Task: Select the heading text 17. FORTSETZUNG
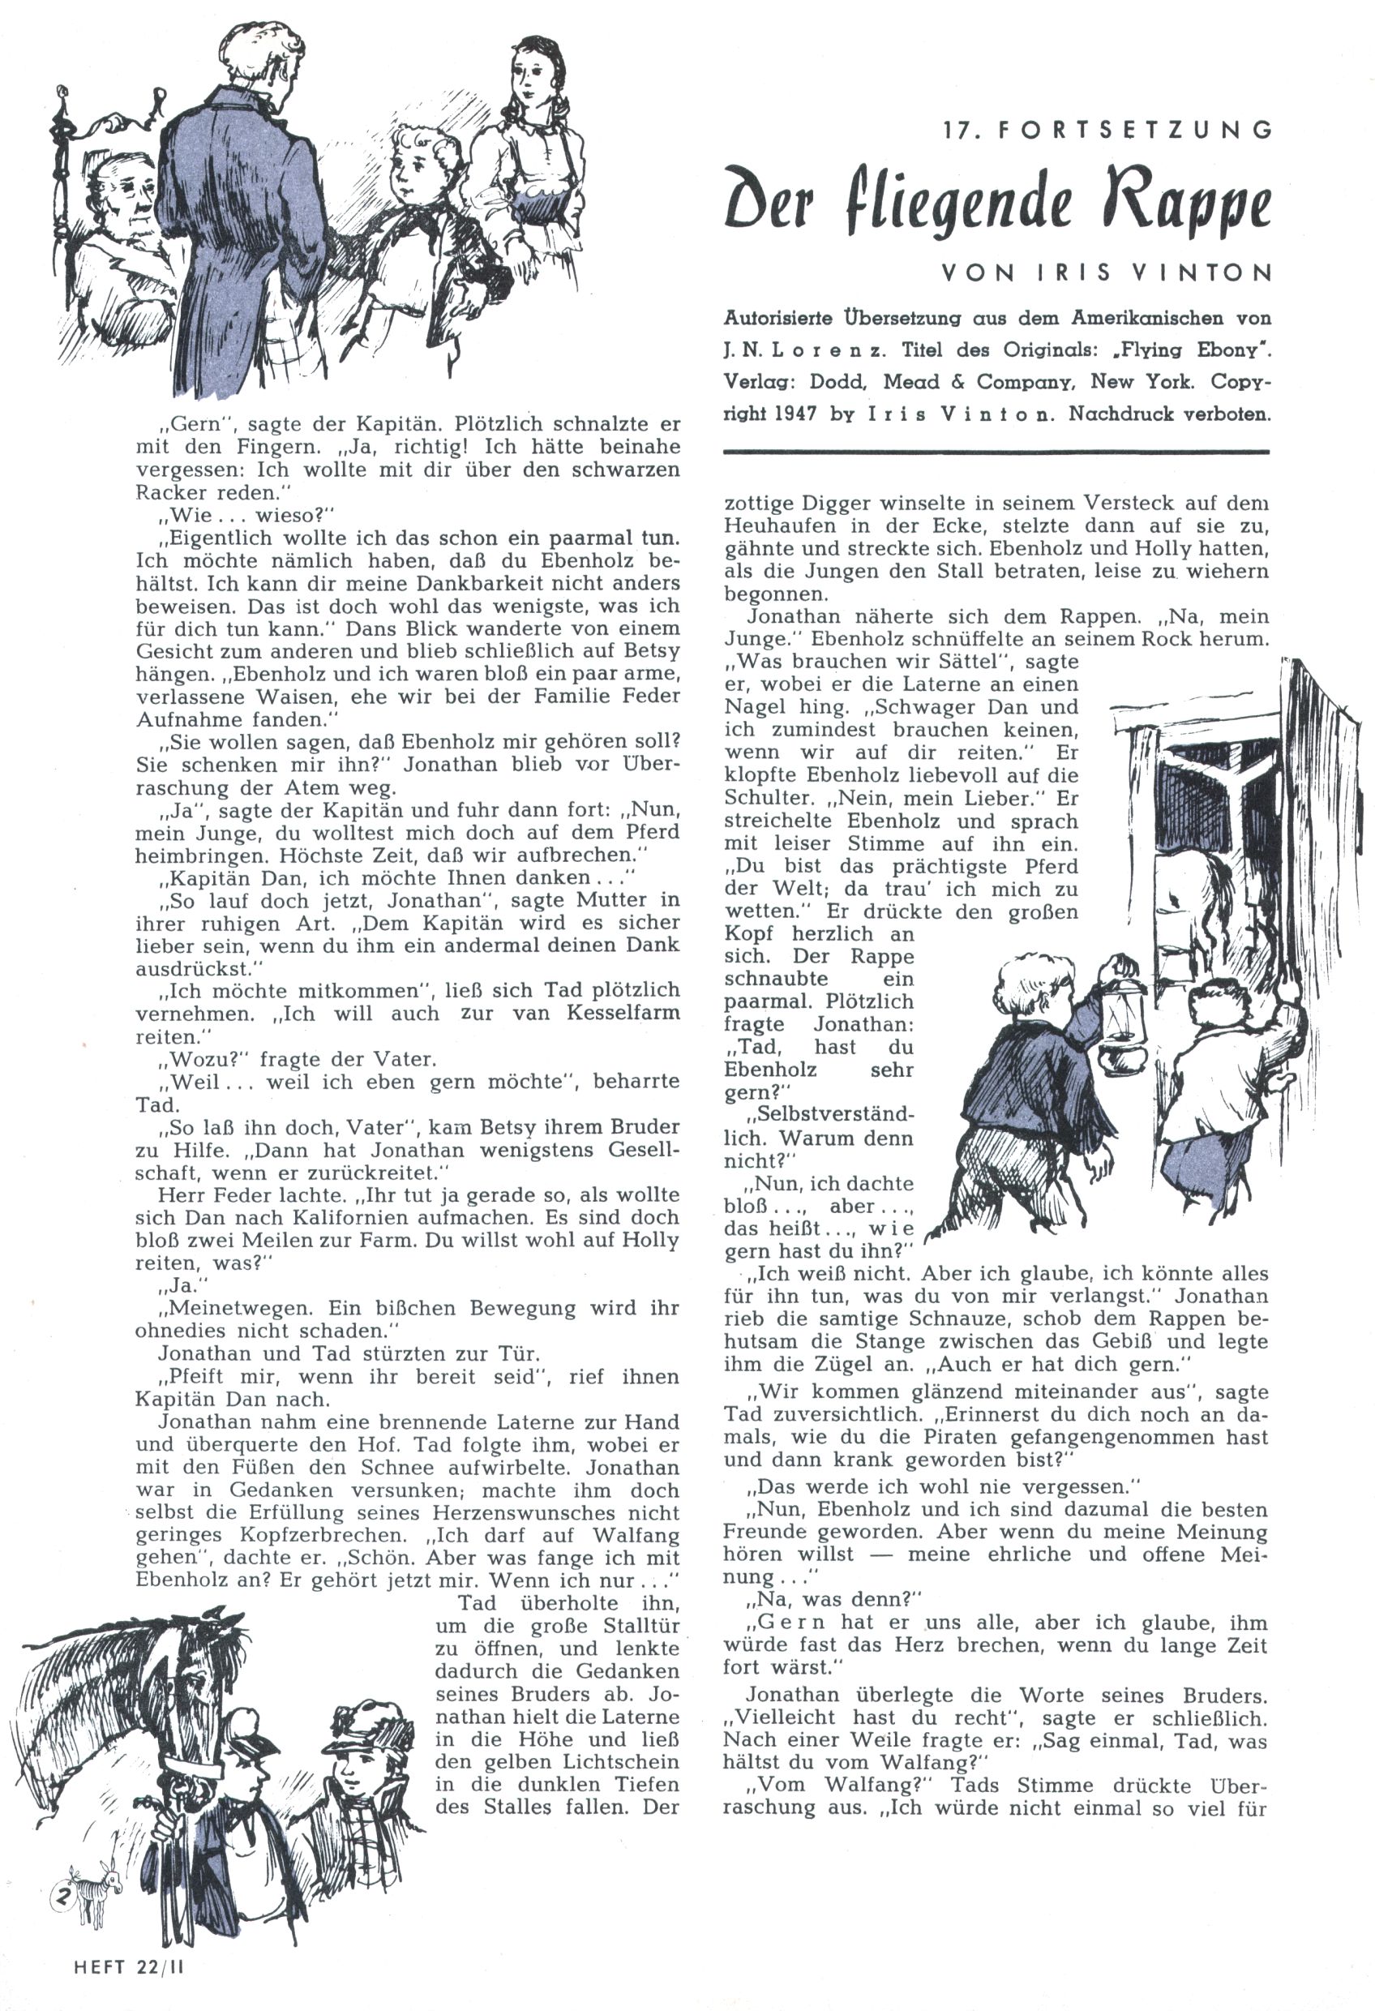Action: coord(1108,130)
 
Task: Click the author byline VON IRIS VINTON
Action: coord(1107,273)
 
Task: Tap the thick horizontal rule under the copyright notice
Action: coord(995,452)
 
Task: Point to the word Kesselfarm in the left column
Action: coord(623,1014)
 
